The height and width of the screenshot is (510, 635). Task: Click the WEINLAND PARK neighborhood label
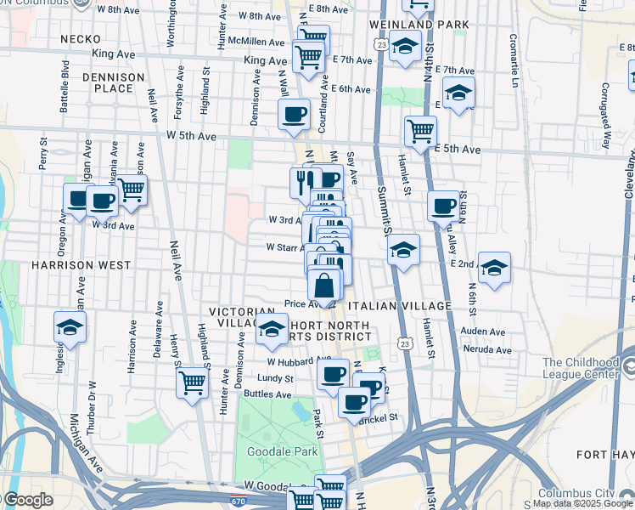click(x=419, y=24)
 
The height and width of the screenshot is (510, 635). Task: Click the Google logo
click(x=27, y=500)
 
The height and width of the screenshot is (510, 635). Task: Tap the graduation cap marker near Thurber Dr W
click(x=70, y=326)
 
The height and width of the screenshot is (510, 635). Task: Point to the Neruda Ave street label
click(x=487, y=349)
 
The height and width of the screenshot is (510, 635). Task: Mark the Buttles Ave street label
click(x=267, y=394)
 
